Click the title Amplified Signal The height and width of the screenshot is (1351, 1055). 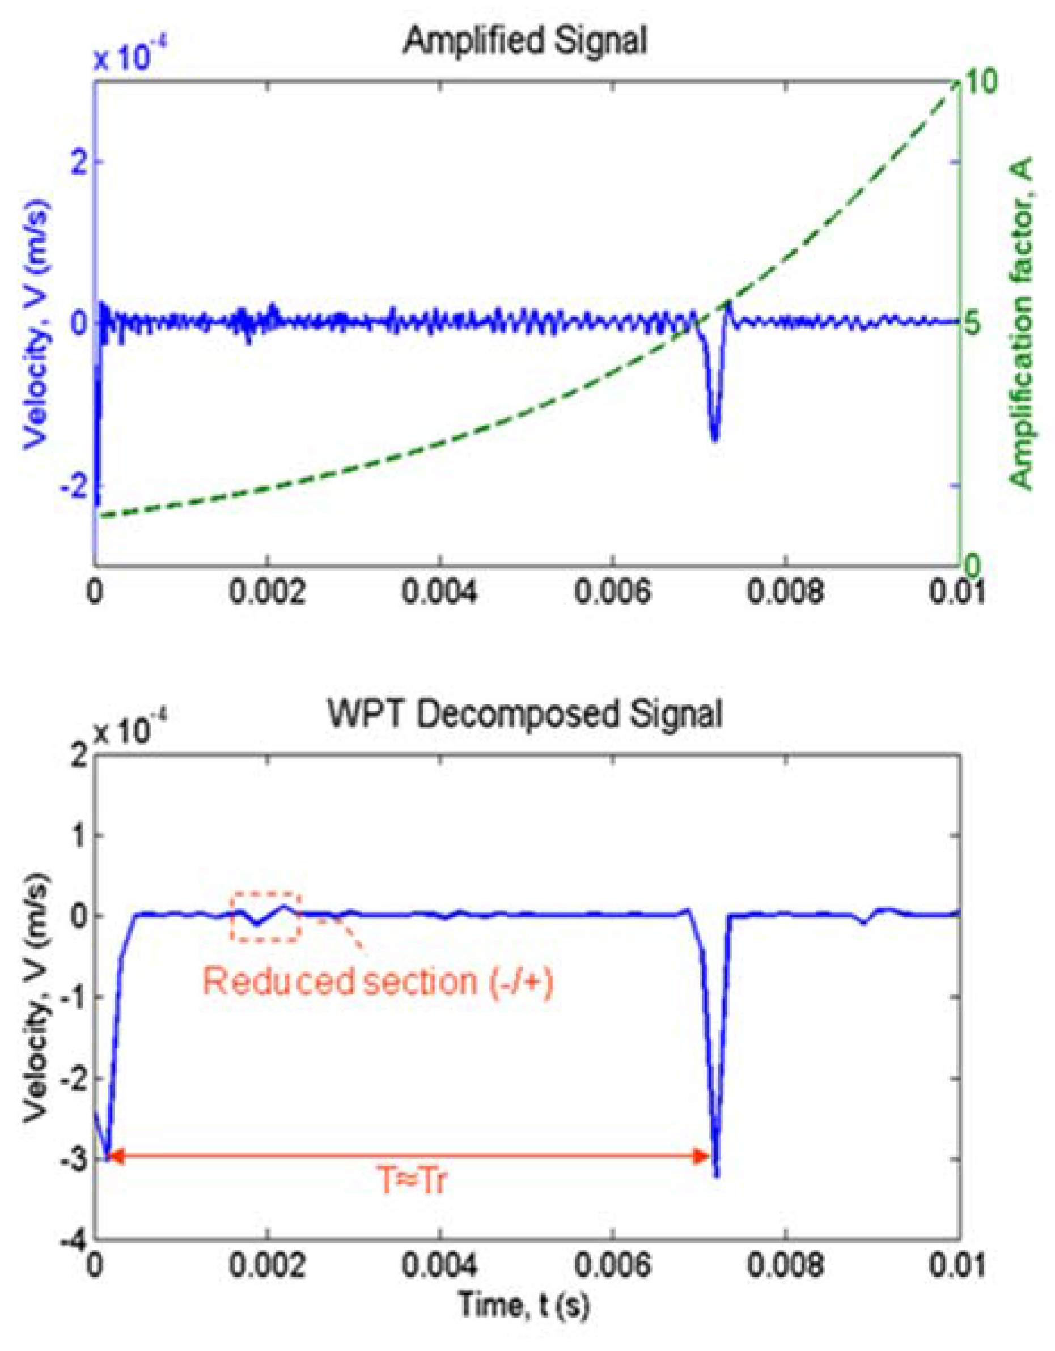pyautogui.click(x=525, y=41)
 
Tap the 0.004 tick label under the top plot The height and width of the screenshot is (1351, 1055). pyautogui.click(x=439, y=593)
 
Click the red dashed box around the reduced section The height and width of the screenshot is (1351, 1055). pyautogui.click(x=266, y=917)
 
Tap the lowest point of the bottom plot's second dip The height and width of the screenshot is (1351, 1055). pyautogui.click(x=717, y=1175)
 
